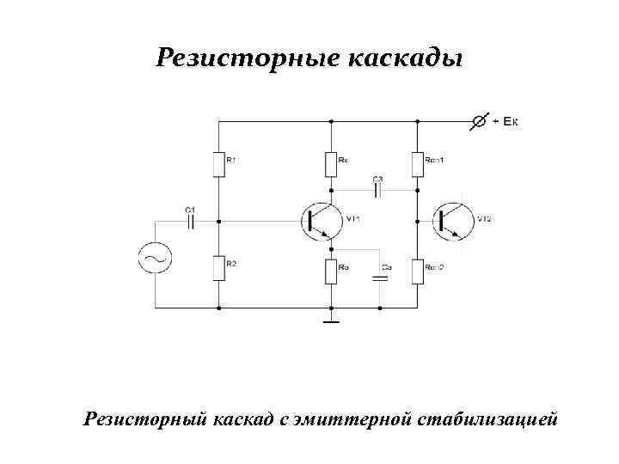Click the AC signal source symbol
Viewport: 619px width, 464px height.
[156, 257]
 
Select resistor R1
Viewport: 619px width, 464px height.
[218, 163]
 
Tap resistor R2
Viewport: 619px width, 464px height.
[218, 269]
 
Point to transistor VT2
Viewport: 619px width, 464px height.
[450, 221]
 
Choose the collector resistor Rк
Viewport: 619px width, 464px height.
[331, 163]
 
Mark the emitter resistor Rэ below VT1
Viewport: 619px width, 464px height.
[331, 272]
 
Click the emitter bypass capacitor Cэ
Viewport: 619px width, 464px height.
[379, 278]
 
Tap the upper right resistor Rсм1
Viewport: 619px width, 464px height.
[418, 163]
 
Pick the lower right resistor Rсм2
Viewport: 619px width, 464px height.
[418, 272]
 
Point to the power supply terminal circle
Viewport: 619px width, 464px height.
[478, 122]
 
